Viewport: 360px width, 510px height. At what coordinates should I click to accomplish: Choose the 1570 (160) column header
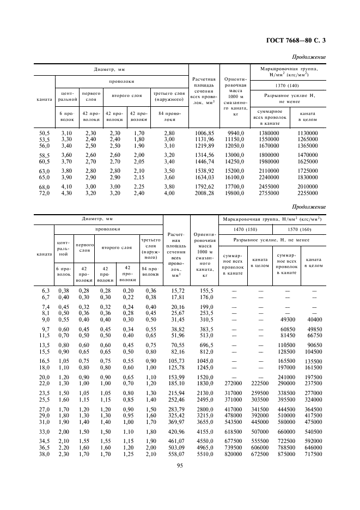pyautogui.click(x=298, y=230)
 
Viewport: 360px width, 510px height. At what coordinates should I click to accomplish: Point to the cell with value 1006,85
pyautogui.click(x=200, y=133)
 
